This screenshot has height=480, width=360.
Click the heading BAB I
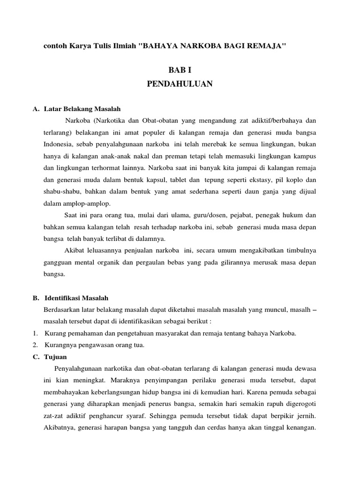coord(180,70)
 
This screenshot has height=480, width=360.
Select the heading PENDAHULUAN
coord(180,84)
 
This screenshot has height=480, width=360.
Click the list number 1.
coord(35,333)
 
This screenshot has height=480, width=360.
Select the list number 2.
coord(35,345)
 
